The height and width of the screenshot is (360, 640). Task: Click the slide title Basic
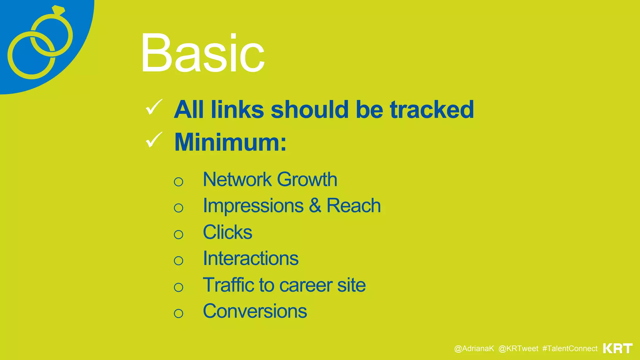202,53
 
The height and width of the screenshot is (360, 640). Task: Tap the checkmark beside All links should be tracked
154,107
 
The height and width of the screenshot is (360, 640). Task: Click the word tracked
432,110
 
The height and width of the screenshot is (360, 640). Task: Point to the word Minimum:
230,142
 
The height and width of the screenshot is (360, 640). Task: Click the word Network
237,179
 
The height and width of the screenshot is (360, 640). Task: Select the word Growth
307,180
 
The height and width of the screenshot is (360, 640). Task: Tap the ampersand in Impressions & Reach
315,206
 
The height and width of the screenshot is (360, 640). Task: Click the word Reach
353,206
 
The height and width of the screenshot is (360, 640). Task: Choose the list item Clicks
227,232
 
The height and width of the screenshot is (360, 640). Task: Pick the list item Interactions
251,258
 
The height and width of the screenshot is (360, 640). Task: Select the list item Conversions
255,311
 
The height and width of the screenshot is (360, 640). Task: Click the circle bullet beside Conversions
178,313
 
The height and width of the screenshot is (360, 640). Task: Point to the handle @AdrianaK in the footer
474,349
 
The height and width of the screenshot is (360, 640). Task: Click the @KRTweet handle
518,349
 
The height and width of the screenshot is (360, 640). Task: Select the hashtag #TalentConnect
570,349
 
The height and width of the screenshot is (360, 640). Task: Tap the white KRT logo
617,348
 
